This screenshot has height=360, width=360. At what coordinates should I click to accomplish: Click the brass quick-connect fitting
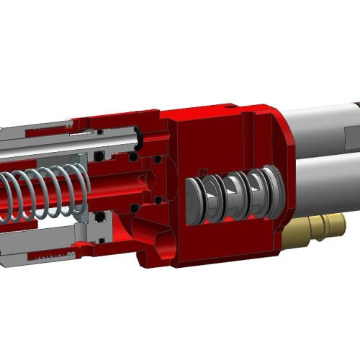coord(317,229)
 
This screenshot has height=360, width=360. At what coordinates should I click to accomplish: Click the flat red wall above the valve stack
coord(216,140)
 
